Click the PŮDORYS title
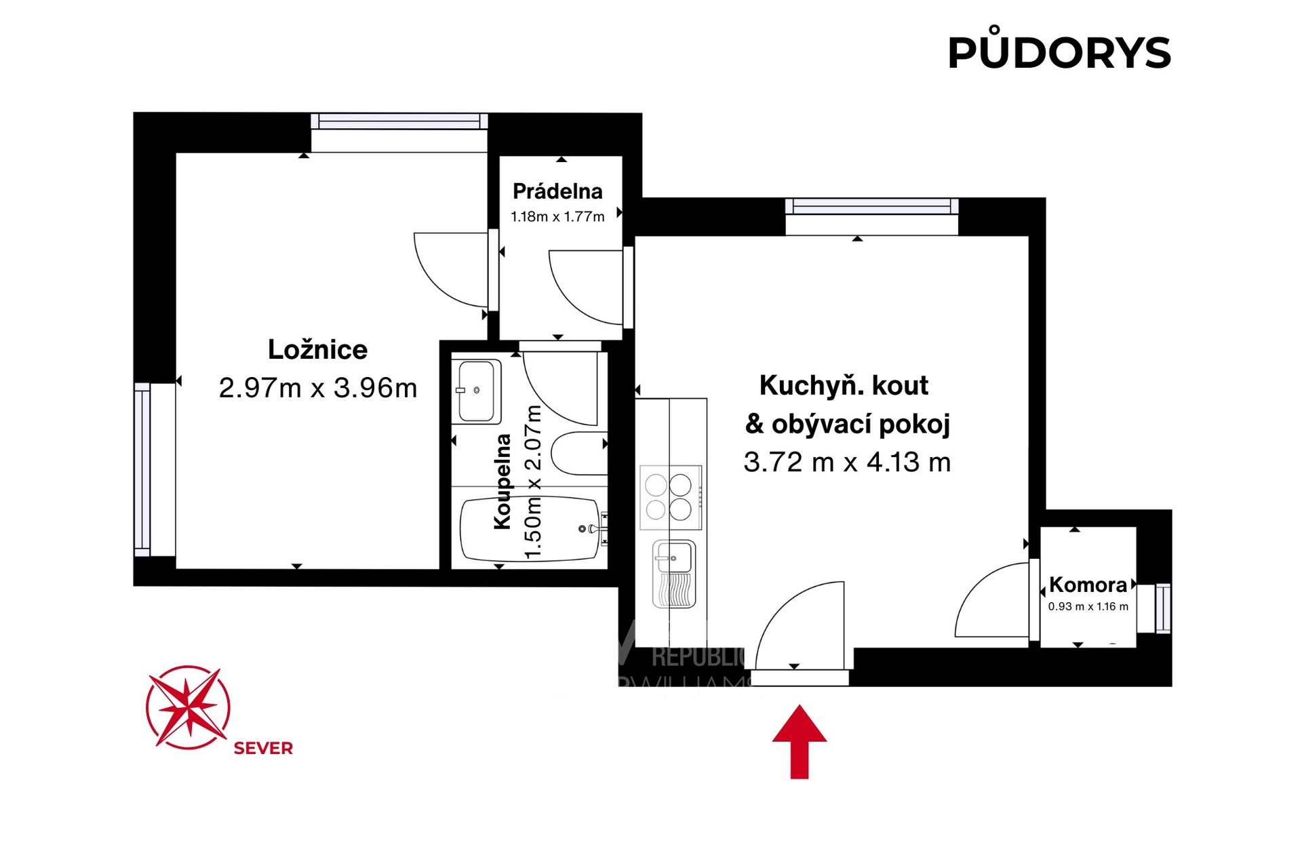tap(1059, 52)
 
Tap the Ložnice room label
tap(317, 350)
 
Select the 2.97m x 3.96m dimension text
tap(317, 388)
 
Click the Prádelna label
tap(557, 191)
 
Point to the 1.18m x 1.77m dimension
tap(557, 217)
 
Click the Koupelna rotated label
tap(502, 481)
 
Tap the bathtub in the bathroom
tap(530, 529)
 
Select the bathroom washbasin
tap(476, 391)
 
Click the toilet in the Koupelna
tap(579, 453)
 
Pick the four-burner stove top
tap(670, 497)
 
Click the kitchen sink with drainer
tap(673, 574)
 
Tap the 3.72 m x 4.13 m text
tap(847, 462)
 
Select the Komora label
tap(1088, 585)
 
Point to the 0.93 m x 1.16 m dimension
tap(1088, 606)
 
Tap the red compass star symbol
tap(188, 707)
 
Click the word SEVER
tap(263, 748)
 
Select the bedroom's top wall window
tap(399, 122)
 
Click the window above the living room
tap(871, 206)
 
